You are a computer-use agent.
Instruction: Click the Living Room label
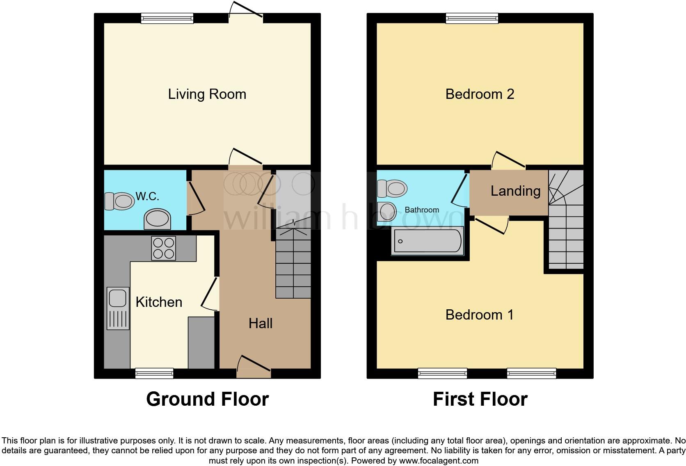[207, 94]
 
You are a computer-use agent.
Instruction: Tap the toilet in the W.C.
[120, 201]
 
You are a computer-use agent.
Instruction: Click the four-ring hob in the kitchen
[163, 248]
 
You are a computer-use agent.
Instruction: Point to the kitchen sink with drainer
[118, 308]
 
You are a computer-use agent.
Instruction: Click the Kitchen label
[159, 302]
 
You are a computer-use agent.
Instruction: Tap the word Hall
[260, 324]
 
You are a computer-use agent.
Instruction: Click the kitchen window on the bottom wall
[154, 373]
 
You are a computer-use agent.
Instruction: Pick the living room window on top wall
[167, 18]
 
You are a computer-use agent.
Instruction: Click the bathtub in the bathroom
[428, 241]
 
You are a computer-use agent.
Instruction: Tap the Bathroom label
[422, 210]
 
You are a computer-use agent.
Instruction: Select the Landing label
[515, 191]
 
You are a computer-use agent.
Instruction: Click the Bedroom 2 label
[480, 94]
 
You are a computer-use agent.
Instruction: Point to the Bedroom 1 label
[479, 315]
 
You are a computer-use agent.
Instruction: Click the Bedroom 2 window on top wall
[472, 18]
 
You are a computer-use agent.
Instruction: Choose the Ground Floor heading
[207, 399]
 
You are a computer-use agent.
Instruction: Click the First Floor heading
[480, 399]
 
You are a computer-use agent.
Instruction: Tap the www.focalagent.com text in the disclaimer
[439, 461]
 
